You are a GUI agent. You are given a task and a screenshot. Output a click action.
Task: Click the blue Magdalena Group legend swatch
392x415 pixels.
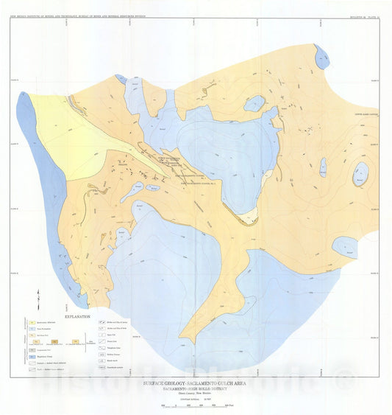click(x=32, y=355)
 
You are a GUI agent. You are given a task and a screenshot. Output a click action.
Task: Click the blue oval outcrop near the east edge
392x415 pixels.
click(x=360, y=174)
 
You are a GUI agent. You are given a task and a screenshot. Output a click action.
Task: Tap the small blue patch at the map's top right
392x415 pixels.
click(x=321, y=57)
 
